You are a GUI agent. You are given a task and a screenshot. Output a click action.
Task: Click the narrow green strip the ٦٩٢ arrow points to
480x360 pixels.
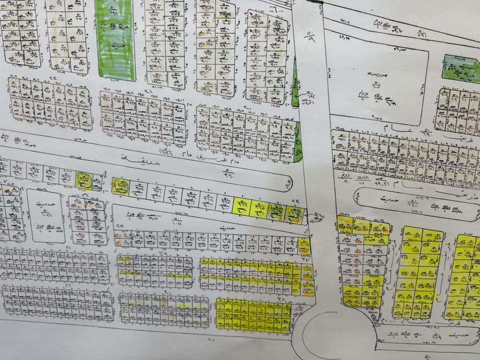pos(294,90)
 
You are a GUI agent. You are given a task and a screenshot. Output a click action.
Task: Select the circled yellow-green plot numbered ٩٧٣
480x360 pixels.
pos(120,187)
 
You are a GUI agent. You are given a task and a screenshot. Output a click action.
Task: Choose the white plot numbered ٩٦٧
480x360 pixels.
pos(224,201)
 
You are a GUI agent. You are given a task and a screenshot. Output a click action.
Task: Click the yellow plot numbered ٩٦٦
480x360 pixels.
pos(242,205)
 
